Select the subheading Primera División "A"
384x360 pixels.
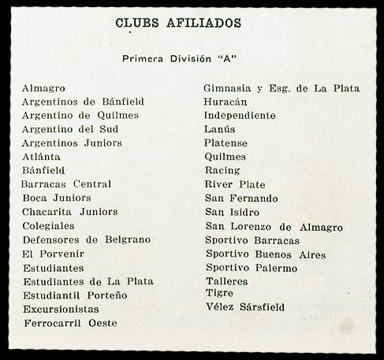180,58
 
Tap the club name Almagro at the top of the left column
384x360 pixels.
43,88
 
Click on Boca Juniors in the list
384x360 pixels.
57,198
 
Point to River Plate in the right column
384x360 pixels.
235,184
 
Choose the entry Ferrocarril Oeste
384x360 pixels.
70,323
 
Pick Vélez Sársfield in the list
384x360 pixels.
245,307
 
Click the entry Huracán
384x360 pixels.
226,102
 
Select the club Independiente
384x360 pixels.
240,116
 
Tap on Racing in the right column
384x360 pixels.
222,170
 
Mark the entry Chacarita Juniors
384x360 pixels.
69,211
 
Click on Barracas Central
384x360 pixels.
66,184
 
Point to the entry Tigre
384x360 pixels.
219,293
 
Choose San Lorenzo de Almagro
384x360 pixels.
274,227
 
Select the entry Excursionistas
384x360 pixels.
61,310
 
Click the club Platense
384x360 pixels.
226,143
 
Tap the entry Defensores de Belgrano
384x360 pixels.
86,239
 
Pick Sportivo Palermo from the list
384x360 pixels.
252,268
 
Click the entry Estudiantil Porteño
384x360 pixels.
75,295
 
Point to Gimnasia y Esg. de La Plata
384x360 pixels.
281,88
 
